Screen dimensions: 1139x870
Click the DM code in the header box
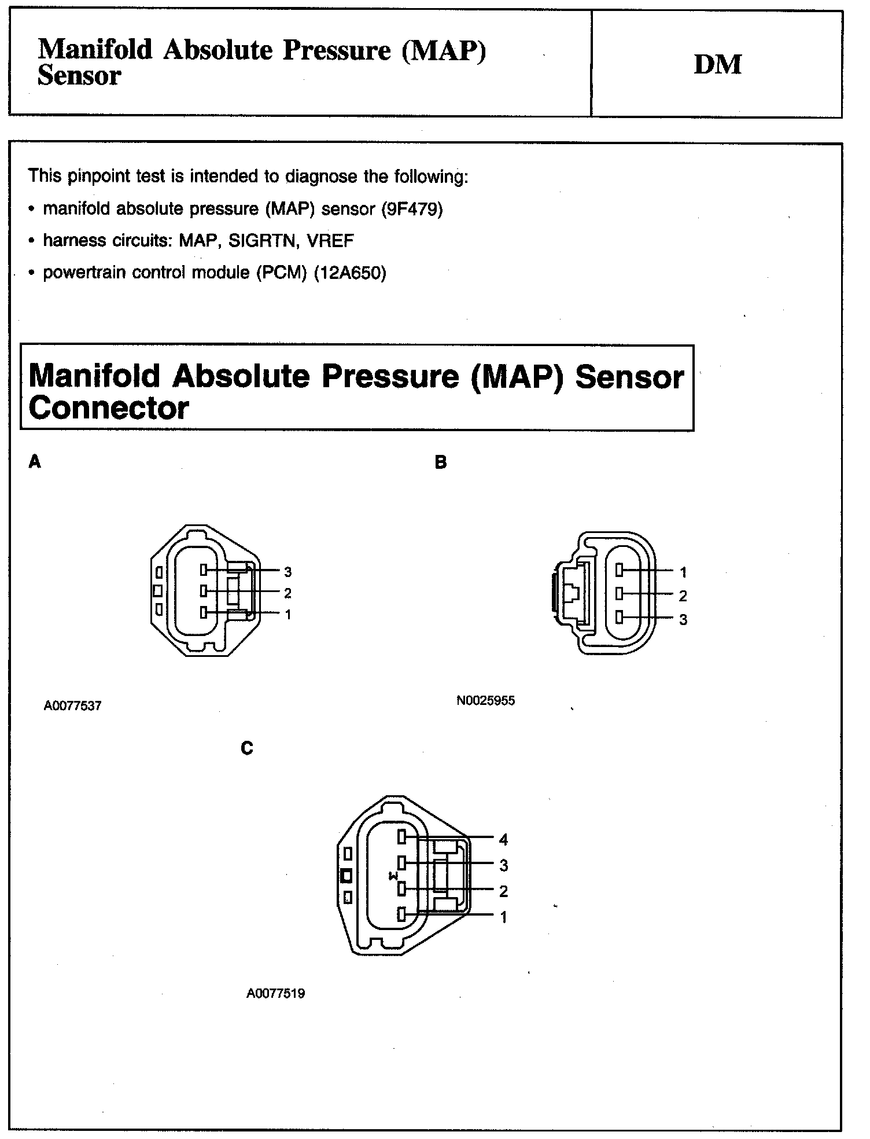point(717,65)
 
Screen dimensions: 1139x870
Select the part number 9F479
point(412,209)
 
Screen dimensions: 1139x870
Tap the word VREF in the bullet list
point(330,241)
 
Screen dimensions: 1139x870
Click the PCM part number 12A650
point(349,273)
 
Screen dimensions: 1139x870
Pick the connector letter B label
point(441,462)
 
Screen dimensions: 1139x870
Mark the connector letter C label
point(247,748)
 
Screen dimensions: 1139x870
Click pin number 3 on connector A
point(287,572)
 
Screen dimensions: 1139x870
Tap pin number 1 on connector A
point(287,615)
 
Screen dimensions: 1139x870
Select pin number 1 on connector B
point(683,572)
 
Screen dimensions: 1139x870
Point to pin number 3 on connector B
point(683,620)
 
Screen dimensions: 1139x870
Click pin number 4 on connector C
point(503,839)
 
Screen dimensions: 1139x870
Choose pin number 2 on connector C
point(503,891)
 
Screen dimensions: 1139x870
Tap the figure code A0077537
point(72,706)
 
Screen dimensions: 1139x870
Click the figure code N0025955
point(485,701)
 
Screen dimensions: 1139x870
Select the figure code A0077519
point(275,993)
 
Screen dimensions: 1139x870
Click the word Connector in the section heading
point(108,409)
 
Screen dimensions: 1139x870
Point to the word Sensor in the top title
point(79,76)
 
